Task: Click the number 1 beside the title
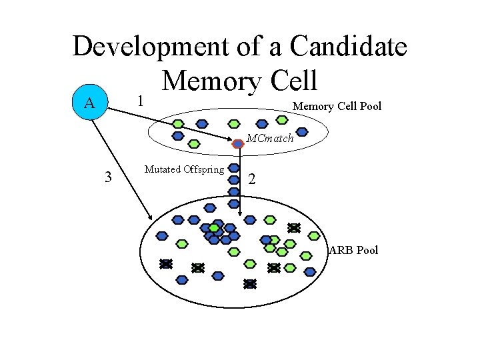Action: click(x=139, y=101)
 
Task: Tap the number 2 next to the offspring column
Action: click(x=252, y=179)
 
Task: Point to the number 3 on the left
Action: click(x=109, y=177)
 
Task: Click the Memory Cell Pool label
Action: click(x=337, y=105)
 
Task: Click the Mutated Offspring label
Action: click(x=184, y=169)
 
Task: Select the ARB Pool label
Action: click(x=353, y=250)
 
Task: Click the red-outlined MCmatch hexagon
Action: click(x=238, y=143)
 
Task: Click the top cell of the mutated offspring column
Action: click(x=233, y=168)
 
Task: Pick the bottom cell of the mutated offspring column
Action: click(x=233, y=204)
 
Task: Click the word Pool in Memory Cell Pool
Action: click(x=367, y=105)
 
